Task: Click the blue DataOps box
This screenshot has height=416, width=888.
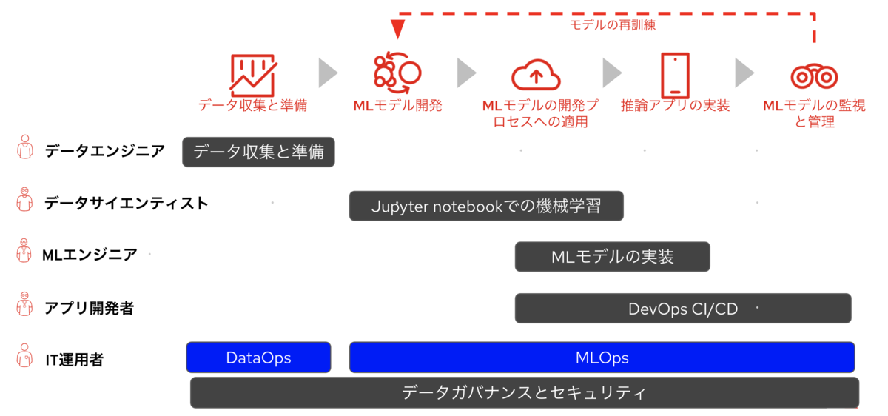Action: (x=258, y=358)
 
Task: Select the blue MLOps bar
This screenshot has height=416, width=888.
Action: (x=602, y=358)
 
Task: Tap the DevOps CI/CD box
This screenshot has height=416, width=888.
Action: (x=682, y=308)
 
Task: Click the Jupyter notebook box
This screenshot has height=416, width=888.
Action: (x=486, y=206)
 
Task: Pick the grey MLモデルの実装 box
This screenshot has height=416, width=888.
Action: (x=612, y=257)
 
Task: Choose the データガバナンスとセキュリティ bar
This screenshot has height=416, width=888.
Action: (x=524, y=392)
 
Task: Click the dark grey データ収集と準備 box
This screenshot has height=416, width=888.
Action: (x=258, y=152)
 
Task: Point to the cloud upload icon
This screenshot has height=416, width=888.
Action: (x=536, y=75)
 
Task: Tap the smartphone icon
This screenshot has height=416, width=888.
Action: (x=675, y=76)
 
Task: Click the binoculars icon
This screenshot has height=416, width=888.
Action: (x=814, y=76)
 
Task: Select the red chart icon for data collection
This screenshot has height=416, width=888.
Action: (x=253, y=76)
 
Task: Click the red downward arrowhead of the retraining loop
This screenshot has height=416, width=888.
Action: (x=397, y=30)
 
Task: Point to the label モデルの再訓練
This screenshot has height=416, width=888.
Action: (x=613, y=25)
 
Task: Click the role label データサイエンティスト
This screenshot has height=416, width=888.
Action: (x=127, y=204)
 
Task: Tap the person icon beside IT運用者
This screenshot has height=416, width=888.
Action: (x=24, y=355)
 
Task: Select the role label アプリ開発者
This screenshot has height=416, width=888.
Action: (x=90, y=308)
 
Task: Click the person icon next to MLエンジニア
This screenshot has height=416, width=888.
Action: (x=24, y=251)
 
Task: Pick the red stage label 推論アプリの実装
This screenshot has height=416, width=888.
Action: (x=675, y=106)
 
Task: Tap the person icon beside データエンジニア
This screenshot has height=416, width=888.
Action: (x=25, y=147)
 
